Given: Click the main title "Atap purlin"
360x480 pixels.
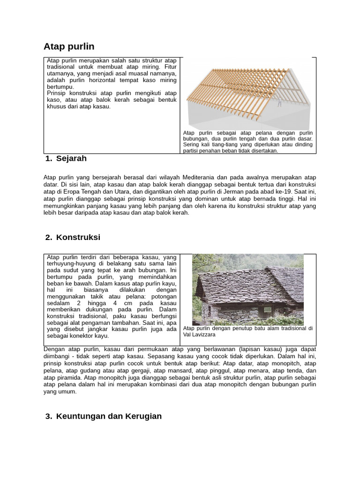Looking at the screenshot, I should click(x=69, y=46).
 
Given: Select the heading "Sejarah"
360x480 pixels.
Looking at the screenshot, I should click(x=71, y=158).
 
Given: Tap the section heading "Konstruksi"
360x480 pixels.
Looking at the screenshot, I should click(x=78, y=237).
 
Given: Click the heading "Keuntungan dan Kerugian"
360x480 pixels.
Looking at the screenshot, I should click(x=109, y=416).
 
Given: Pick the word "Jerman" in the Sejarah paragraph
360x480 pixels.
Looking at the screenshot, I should click(x=227, y=191).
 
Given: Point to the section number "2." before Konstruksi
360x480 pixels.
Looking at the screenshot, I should click(x=49, y=237).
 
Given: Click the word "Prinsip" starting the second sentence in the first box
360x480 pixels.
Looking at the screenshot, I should click(x=56, y=93).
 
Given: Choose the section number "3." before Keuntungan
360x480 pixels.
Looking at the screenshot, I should click(x=49, y=416).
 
